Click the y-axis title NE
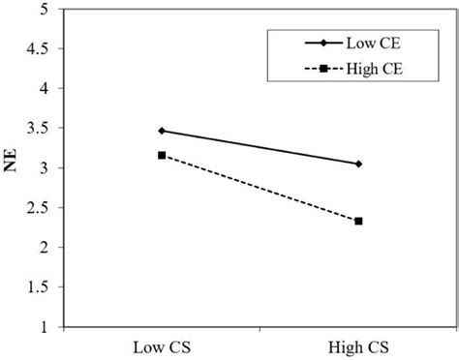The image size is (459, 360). pos(14,166)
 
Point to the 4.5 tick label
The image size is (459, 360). pos(40,48)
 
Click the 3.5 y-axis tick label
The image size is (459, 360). pos(40,128)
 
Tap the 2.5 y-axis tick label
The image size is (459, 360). pos(40,208)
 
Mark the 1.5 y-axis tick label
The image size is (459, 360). pos(40,287)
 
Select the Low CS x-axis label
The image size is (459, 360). pos(161,347)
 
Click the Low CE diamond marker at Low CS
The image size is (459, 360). pos(162,131)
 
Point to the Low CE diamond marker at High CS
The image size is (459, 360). pos(359,164)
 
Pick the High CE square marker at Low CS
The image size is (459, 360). pos(162,155)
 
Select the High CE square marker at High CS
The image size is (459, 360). pos(359,221)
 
